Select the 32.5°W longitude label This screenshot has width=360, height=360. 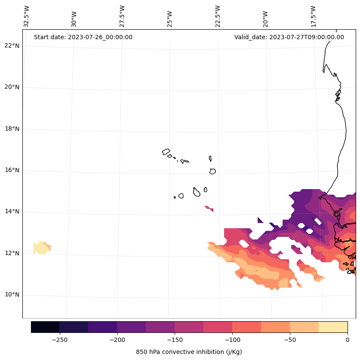(27, 16)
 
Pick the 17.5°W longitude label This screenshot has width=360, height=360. (313, 16)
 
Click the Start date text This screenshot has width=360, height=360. (83, 37)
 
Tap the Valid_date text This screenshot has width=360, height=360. (289, 37)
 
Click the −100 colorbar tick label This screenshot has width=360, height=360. (232, 340)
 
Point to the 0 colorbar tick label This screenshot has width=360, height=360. (348, 340)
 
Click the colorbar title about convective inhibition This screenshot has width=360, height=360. (189, 352)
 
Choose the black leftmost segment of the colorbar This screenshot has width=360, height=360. (45, 327)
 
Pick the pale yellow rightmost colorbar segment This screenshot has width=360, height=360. (333, 327)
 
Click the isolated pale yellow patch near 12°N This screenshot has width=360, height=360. (42, 248)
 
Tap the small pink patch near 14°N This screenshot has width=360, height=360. (209, 208)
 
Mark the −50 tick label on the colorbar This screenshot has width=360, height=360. (290, 340)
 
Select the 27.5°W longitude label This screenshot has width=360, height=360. (122, 16)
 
